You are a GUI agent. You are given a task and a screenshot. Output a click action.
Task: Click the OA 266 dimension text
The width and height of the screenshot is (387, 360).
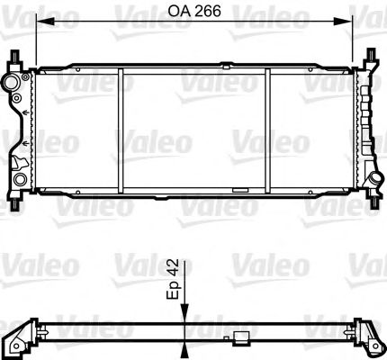click(193, 13)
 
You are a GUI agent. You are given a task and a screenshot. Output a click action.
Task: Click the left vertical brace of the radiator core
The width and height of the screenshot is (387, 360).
click(121, 130)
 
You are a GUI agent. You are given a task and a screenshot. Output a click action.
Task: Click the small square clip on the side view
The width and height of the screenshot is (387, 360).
click(241, 338)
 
